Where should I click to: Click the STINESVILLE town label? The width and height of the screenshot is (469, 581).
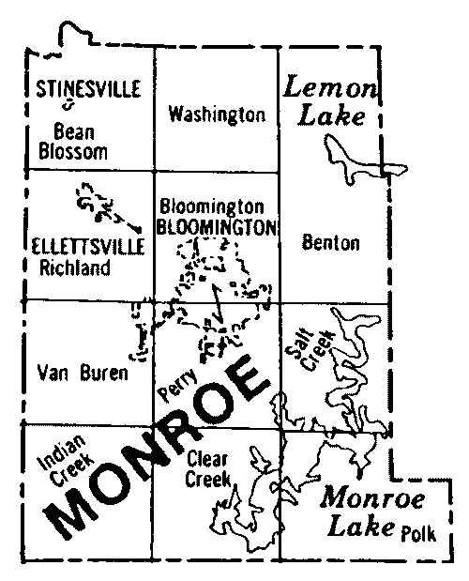click(x=88, y=89)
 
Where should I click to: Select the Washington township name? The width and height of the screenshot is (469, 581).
click(x=216, y=115)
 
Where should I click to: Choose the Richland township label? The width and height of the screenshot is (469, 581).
click(x=75, y=268)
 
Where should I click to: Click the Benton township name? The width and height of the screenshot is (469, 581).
click(x=331, y=243)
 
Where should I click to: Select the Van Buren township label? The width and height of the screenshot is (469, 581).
click(x=83, y=375)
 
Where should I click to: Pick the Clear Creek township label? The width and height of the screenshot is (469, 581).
click(x=209, y=467)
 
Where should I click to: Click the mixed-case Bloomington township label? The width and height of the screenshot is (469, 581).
click(x=211, y=206)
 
